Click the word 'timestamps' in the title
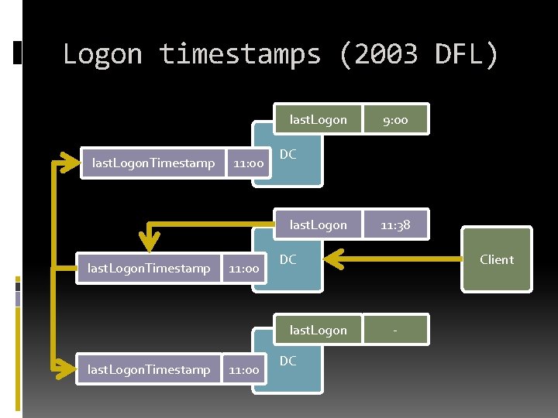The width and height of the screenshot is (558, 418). (239, 54)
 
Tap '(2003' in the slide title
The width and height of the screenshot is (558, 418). (378, 54)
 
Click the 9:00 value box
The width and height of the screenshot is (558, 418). (395, 120)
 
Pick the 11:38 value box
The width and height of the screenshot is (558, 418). (395, 225)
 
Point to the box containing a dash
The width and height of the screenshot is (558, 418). (395, 331)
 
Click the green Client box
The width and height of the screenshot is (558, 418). (496, 259)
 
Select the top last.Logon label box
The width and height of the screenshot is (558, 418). (318, 120)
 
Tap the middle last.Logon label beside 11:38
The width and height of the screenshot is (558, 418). (318, 225)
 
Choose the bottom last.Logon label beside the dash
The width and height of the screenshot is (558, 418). (318, 331)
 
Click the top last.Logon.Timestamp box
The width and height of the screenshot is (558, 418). (153, 163)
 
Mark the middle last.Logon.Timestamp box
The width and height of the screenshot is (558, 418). (149, 268)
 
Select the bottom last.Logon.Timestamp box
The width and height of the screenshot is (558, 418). (149, 370)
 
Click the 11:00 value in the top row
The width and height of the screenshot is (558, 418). (248, 163)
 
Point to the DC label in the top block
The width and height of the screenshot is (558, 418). (288, 154)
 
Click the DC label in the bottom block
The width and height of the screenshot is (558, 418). (288, 361)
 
